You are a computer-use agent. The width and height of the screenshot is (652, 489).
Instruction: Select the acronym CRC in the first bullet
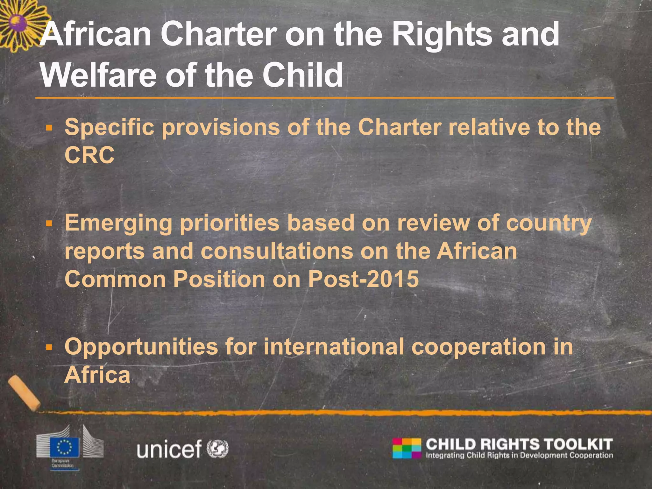coord(89,155)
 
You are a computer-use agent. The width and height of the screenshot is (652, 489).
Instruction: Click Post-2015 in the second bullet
coord(363,279)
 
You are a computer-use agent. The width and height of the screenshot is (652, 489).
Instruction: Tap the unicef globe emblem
coord(218,449)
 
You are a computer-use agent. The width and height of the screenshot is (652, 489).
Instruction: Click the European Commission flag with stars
coord(64,447)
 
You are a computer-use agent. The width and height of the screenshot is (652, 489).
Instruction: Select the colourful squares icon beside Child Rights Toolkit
coord(407,448)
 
